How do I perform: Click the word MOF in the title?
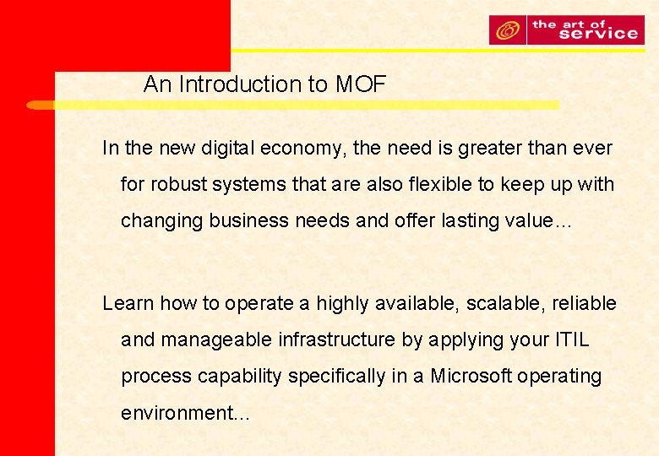click(361, 84)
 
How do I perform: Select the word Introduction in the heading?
click(237, 84)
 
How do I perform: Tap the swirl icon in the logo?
click(508, 31)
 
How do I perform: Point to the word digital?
click(228, 149)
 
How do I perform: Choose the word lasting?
click(469, 221)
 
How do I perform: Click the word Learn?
click(128, 303)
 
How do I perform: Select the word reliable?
click(584, 303)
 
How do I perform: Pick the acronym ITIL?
click(571, 339)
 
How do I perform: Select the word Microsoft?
click(471, 376)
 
